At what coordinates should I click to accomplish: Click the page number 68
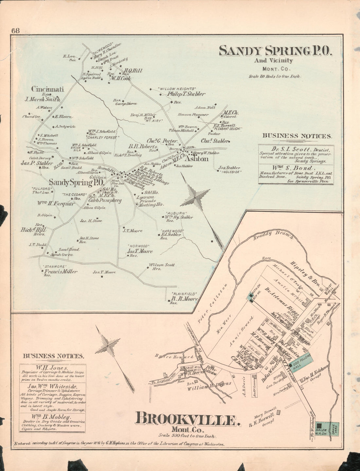tap(16, 30)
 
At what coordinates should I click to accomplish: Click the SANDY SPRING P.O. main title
tap(276, 51)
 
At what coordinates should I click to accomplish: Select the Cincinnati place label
tap(47, 89)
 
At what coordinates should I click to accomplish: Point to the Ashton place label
tap(196, 159)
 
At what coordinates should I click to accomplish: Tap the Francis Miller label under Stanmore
tap(61, 271)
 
